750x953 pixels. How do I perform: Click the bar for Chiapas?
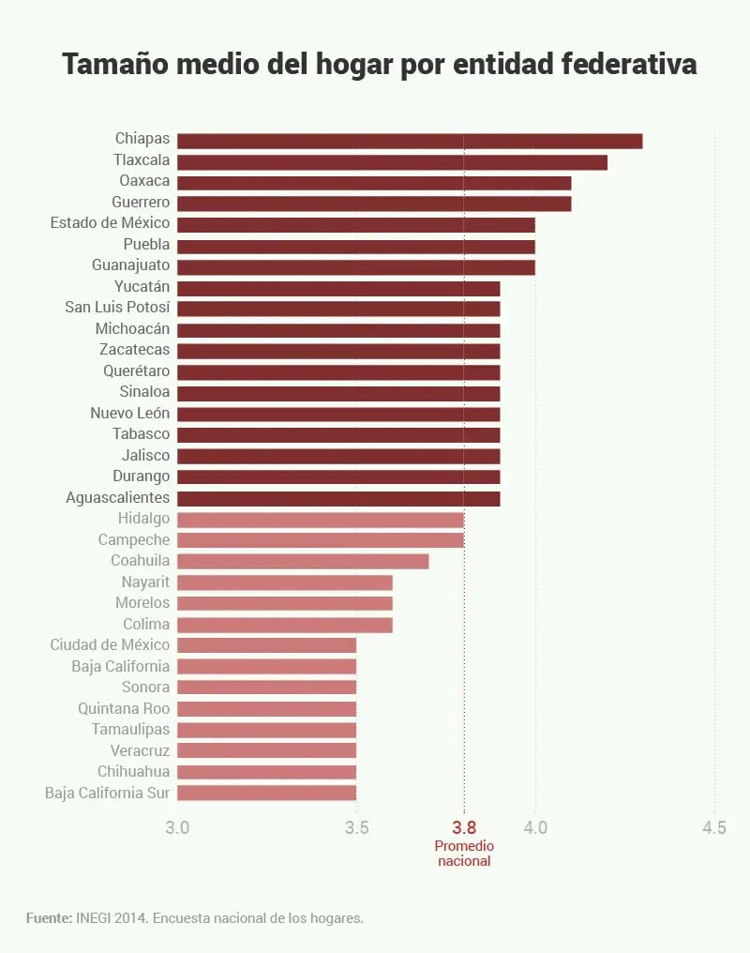point(410,141)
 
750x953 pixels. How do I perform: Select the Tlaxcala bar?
point(392,162)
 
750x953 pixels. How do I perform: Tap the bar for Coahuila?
point(303,561)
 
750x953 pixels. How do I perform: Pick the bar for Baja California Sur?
point(266,793)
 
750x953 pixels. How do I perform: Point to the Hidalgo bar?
point(321,519)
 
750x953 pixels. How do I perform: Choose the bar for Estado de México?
point(356,225)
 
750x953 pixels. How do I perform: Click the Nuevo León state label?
point(130,413)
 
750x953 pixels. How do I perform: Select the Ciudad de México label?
point(111,644)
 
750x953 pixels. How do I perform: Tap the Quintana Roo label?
point(124,708)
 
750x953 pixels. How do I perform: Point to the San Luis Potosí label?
point(117,307)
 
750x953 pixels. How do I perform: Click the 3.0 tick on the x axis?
point(177,827)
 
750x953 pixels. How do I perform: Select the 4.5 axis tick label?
point(714,827)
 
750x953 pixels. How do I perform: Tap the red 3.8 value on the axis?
point(464,827)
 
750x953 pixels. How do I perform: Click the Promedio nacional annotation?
point(464,853)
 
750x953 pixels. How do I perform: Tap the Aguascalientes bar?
point(338,498)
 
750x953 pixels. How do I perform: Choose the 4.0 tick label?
point(535,827)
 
